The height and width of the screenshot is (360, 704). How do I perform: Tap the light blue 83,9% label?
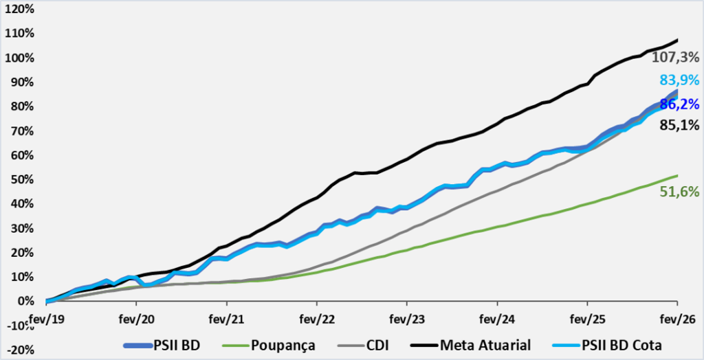tap(679, 79)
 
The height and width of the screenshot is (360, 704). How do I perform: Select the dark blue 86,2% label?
tap(679, 104)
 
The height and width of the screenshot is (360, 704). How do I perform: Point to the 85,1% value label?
tap(679, 125)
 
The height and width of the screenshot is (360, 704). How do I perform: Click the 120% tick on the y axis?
tap(19, 10)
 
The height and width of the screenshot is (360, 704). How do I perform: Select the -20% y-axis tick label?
tap(19, 350)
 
